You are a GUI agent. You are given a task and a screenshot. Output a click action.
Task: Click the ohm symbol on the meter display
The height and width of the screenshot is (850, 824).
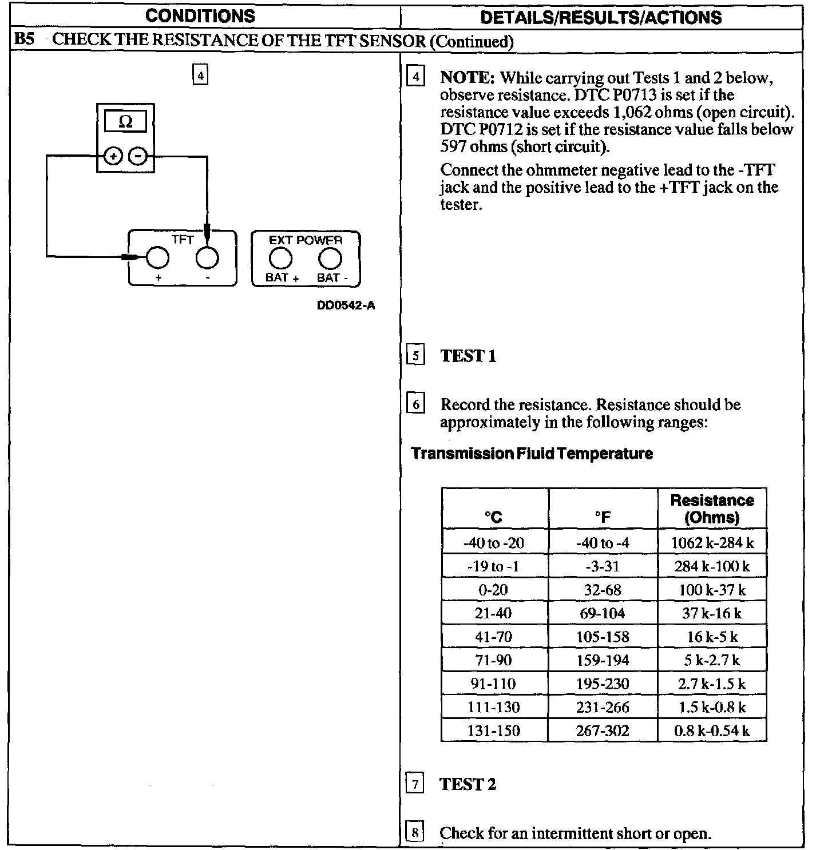click(x=125, y=122)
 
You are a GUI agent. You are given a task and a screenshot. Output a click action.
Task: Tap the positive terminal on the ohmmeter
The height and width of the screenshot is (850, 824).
click(x=113, y=156)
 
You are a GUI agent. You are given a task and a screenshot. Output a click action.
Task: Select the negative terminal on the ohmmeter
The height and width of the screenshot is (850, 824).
click(x=137, y=156)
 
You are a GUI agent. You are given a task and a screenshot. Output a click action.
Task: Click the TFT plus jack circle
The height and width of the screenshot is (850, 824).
click(x=157, y=258)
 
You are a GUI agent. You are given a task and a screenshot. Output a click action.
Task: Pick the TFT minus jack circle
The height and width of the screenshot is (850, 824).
click(x=207, y=258)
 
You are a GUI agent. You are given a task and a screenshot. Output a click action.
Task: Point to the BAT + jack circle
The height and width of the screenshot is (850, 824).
click(x=280, y=259)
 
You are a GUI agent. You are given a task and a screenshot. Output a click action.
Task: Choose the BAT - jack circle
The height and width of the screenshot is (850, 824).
click(x=330, y=259)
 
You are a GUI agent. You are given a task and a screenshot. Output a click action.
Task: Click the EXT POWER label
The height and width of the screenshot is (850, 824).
click(x=306, y=240)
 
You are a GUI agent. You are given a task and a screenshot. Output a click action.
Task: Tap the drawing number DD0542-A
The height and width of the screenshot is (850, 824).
click(x=346, y=305)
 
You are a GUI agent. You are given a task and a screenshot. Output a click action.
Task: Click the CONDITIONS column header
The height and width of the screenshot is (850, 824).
click(x=200, y=16)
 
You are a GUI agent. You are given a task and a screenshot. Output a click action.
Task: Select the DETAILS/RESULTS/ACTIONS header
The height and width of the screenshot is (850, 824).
click(x=601, y=17)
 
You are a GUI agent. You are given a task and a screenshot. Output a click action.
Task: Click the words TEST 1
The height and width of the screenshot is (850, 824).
click(x=468, y=356)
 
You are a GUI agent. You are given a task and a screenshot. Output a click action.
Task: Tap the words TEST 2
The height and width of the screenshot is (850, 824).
click(x=468, y=784)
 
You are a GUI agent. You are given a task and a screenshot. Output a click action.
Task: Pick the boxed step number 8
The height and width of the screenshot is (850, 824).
click(x=415, y=832)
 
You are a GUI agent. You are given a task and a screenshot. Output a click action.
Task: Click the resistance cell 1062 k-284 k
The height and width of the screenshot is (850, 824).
click(x=712, y=543)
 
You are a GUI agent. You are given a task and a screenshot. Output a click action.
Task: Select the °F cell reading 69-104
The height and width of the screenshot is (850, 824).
click(x=603, y=614)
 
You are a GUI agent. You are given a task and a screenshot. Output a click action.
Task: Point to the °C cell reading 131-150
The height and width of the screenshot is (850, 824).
click(x=493, y=730)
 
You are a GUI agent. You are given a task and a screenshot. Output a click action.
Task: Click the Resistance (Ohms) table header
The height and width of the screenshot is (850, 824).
click(x=712, y=509)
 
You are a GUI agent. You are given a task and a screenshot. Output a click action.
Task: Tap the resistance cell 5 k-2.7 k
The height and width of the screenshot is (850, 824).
click(x=712, y=661)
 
